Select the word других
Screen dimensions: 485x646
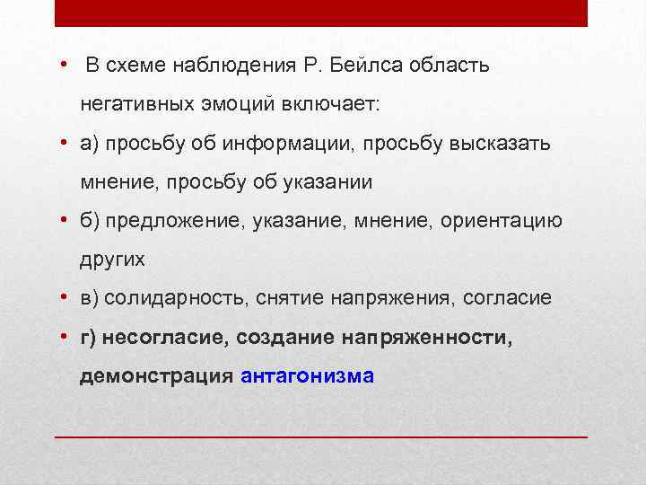[111, 260]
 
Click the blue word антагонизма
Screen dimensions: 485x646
[308, 375]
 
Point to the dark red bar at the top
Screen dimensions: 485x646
[321, 13]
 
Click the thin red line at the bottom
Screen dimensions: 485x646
[321, 436]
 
